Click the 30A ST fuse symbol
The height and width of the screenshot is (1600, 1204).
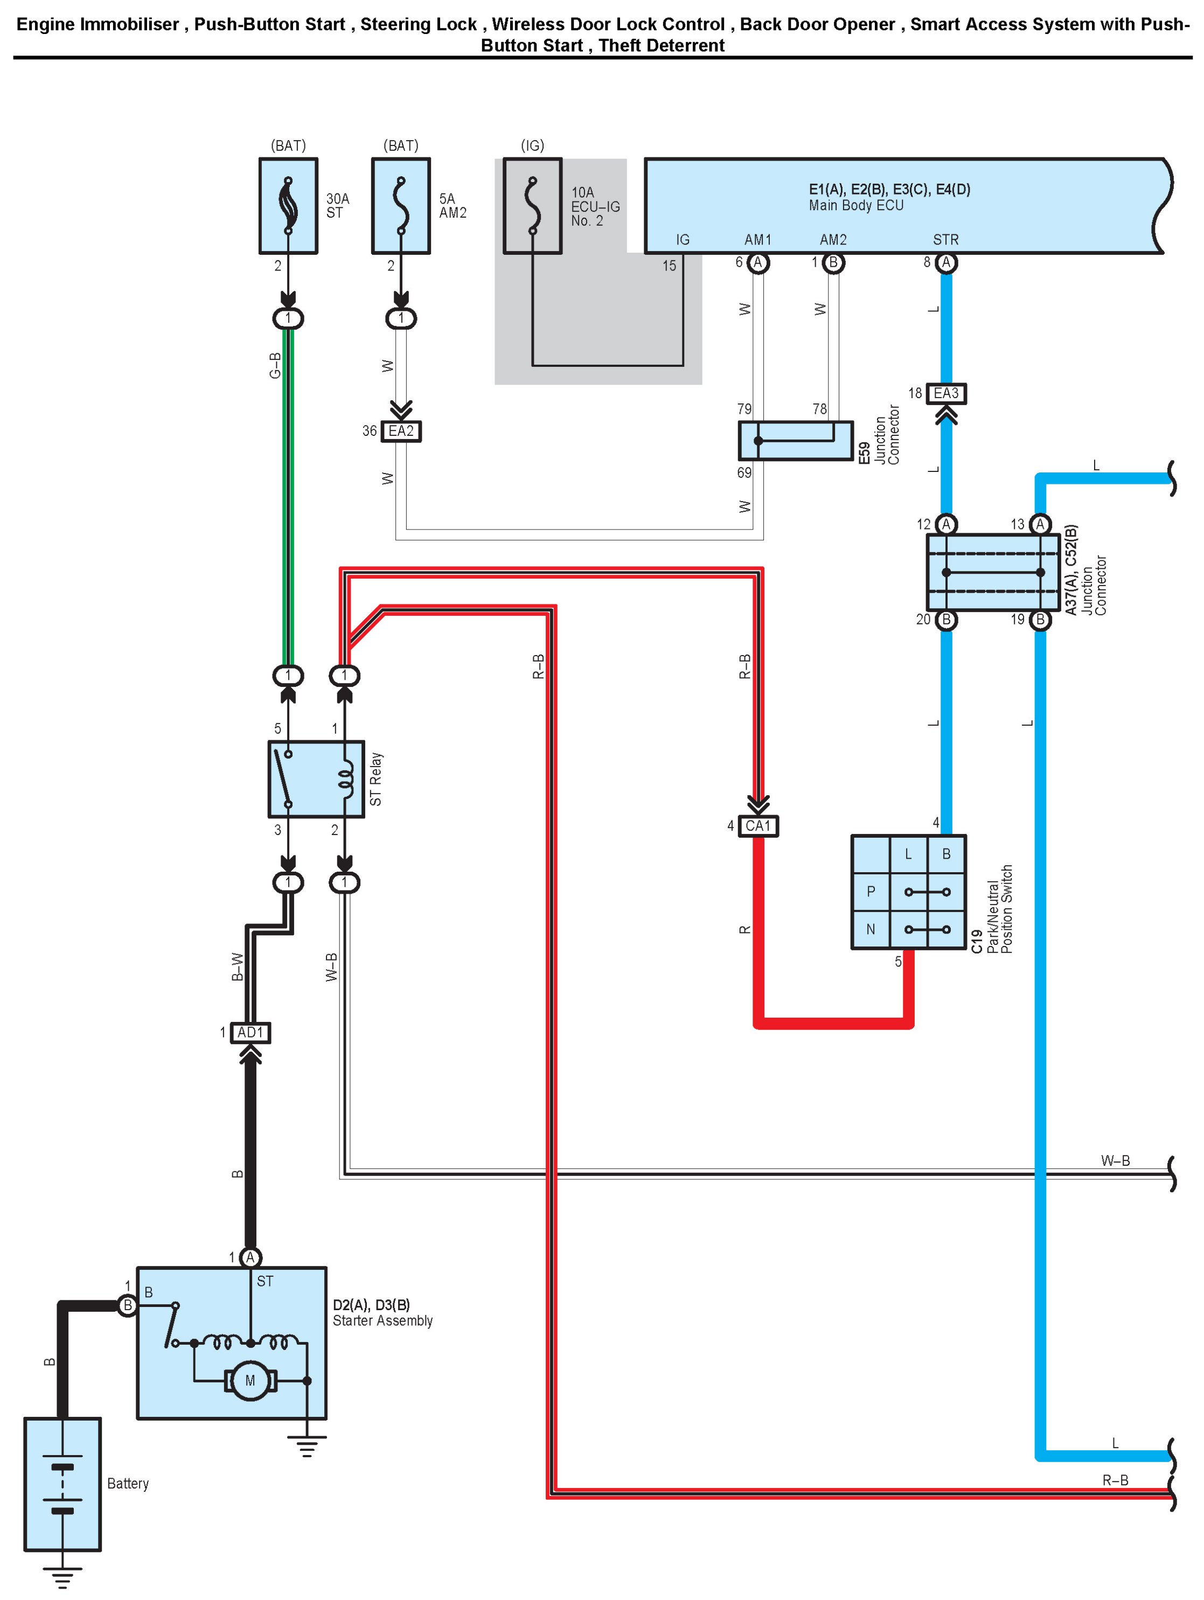(x=288, y=206)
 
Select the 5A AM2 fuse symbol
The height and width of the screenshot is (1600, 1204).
(x=401, y=206)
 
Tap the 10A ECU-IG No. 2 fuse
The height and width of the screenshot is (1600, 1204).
(x=532, y=206)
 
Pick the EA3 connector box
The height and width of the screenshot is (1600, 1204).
(x=946, y=393)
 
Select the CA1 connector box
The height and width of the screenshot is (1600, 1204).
(x=758, y=826)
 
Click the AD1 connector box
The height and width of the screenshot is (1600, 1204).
(x=250, y=1032)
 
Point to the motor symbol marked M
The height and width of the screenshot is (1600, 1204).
(x=250, y=1381)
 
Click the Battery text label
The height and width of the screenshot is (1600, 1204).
(x=128, y=1484)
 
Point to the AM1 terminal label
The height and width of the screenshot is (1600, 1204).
(x=758, y=239)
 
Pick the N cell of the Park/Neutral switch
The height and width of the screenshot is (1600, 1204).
(x=871, y=929)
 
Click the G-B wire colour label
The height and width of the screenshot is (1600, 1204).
(x=275, y=365)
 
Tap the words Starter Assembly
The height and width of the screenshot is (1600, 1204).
(x=382, y=1321)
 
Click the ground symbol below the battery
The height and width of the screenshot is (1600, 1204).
(x=62, y=1577)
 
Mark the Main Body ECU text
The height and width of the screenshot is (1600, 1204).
(x=856, y=205)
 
